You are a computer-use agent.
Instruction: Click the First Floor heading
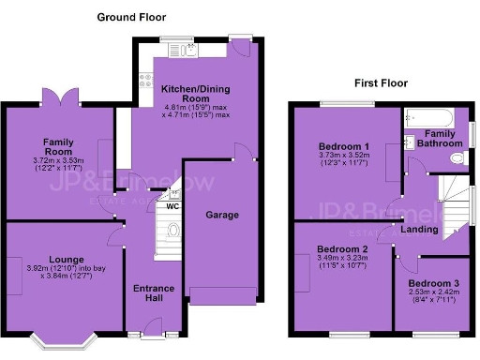click(381, 83)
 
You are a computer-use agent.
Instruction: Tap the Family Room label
click(57, 147)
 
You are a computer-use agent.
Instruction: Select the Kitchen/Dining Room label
click(196, 93)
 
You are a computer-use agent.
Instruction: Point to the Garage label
click(224, 215)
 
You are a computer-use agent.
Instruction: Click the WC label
click(172, 206)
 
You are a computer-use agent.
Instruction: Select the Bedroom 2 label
click(337, 248)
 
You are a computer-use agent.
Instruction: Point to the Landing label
click(418, 229)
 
